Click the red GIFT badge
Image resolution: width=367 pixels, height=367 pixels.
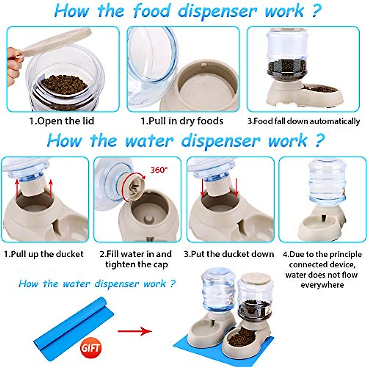click(91, 348)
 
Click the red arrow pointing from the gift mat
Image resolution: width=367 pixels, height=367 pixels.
click(135, 331)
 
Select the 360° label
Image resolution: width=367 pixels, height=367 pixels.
click(159, 170)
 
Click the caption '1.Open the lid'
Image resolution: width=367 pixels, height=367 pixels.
click(61, 121)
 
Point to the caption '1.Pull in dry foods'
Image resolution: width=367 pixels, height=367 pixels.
click(182, 121)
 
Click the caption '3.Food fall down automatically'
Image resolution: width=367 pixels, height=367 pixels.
click(303, 121)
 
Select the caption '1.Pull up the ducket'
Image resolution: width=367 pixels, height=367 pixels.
click(44, 254)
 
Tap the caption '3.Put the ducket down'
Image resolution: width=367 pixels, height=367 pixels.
click(229, 254)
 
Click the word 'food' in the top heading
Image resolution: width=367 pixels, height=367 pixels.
click(151, 11)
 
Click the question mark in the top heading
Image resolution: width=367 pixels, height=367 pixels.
click(317, 11)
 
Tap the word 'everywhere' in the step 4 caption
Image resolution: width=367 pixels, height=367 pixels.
click(322, 285)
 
